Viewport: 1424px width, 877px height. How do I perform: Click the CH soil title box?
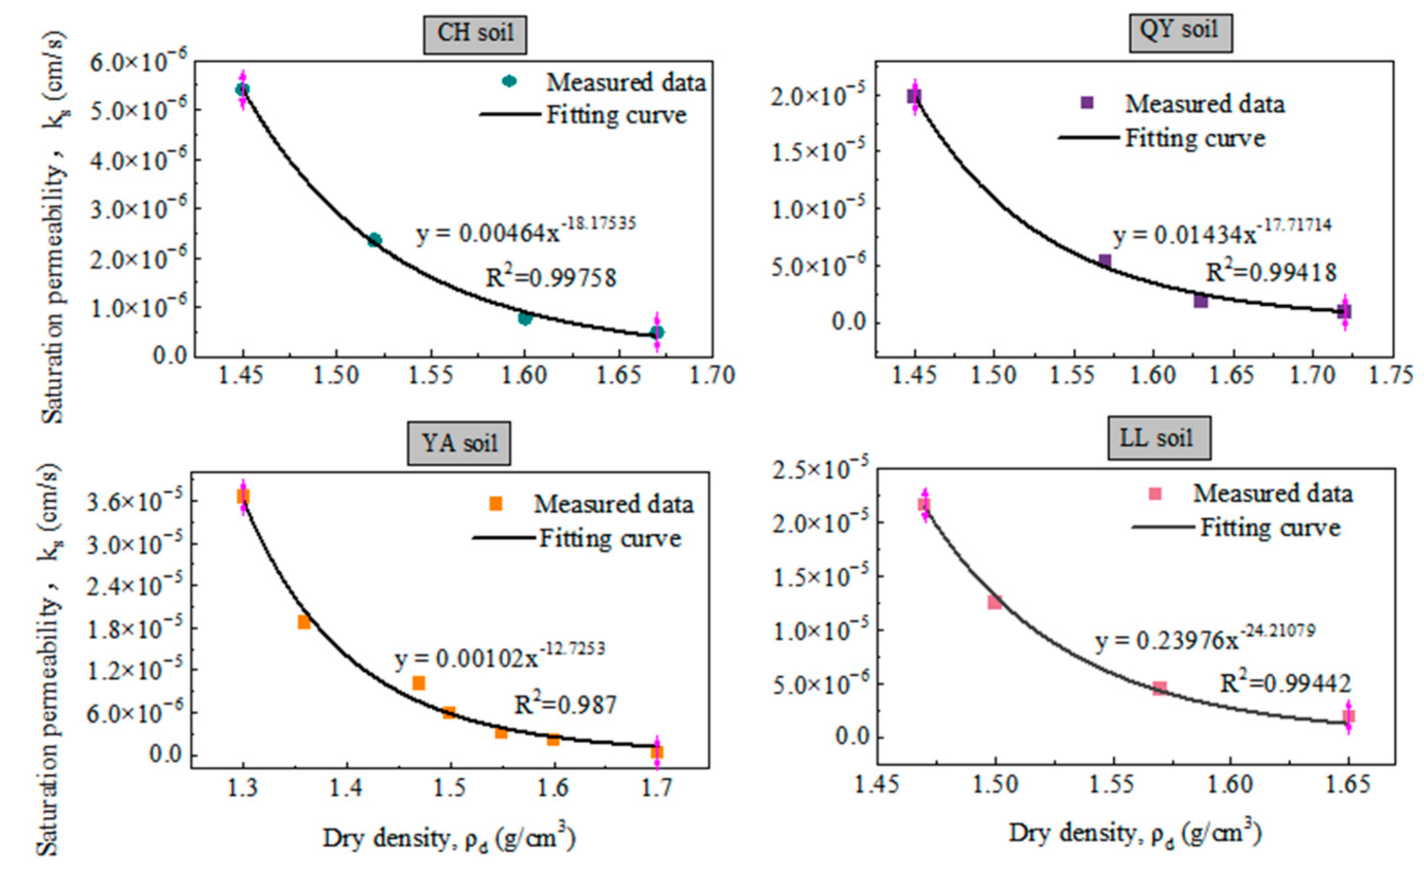(x=475, y=34)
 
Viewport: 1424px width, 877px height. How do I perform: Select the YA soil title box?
(x=458, y=444)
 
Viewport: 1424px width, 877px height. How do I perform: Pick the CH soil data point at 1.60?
(x=525, y=318)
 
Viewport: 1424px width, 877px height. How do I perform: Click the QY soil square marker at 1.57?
(x=1105, y=261)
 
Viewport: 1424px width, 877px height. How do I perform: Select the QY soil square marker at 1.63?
(x=1201, y=301)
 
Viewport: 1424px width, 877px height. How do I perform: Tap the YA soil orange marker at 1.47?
(x=419, y=682)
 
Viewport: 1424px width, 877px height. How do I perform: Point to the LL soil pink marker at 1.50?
(x=995, y=602)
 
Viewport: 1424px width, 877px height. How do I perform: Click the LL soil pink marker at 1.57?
(x=1159, y=689)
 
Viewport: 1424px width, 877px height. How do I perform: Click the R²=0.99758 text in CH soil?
(x=551, y=278)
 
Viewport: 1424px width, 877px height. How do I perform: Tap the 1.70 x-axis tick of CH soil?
(x=712, y=375)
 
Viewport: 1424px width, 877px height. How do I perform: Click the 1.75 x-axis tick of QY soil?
(x=1391, y=375)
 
